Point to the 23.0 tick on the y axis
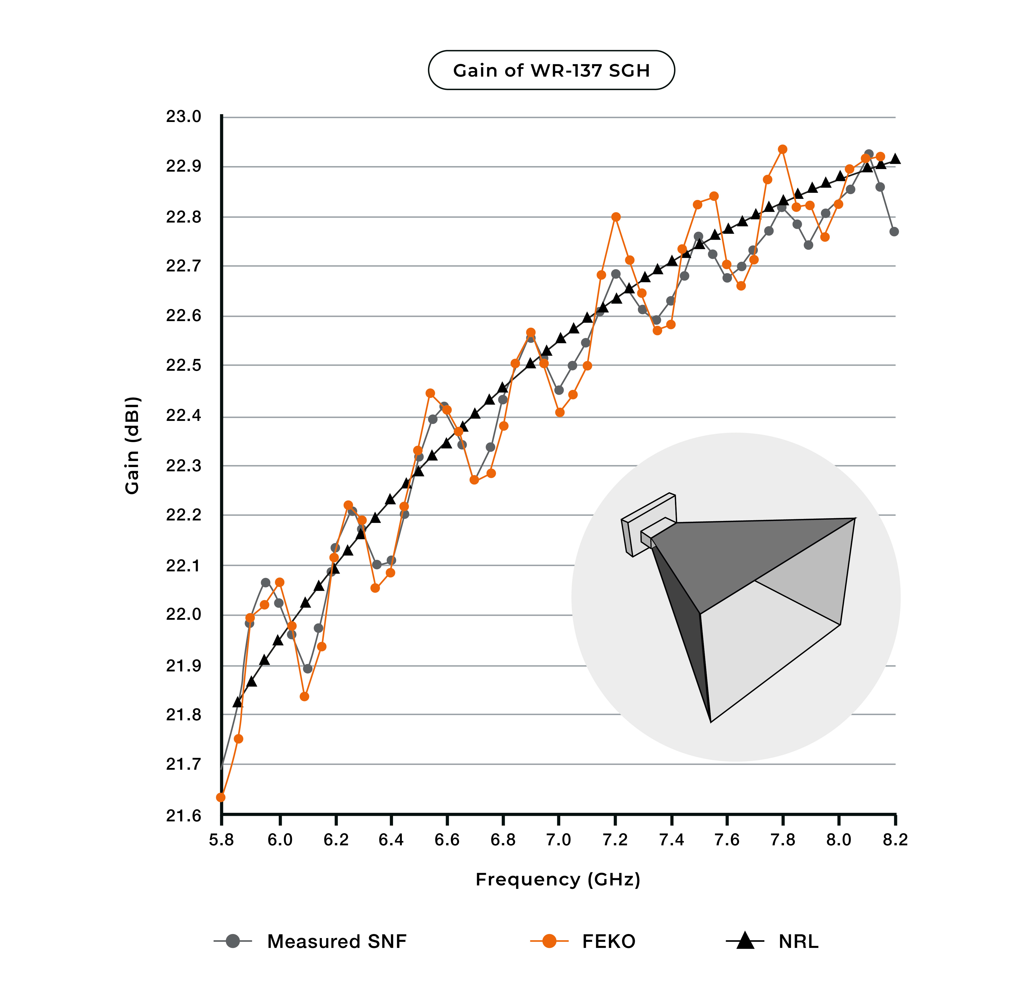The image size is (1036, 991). coord(183,117)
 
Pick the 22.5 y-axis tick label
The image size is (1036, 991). coord(183,365)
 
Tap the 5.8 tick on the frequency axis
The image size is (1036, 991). coord(221,840)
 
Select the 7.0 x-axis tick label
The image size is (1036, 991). coord(559,840)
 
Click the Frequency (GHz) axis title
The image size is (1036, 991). coord(558,880)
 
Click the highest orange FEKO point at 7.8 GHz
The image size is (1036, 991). coord(783,149)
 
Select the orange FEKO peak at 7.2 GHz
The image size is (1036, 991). coord(616,217)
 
